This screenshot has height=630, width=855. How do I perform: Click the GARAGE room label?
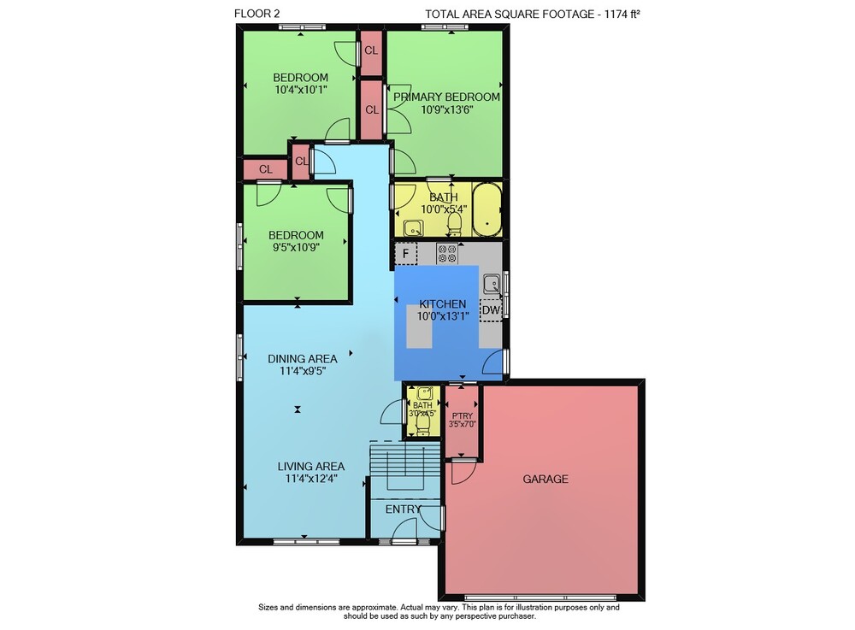click(x=545, y=479)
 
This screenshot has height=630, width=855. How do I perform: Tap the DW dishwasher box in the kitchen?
click(x=491, y=310)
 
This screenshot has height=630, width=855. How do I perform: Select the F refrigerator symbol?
click(x=405, y=253)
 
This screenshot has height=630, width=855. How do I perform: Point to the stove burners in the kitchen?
click(x=447, y=254)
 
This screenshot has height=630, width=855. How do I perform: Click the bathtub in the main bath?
click(x=487, y=209)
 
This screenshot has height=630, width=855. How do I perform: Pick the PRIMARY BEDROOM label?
click(x=446, y=97)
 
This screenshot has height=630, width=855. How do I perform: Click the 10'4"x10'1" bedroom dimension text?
click(x=300, y=90)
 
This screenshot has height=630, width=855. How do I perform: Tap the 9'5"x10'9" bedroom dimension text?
click(x=296, y=247)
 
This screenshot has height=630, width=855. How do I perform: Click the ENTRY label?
click(x=403, y=509)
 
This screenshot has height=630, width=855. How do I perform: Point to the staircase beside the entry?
click(x=404, y=467)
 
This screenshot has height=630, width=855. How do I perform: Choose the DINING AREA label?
click(x=302, y=359)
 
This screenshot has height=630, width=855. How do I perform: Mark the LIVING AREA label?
click(x=311, y=467)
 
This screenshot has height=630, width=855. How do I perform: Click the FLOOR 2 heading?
click(x=256, y=14)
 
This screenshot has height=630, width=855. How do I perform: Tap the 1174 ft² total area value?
click(x=622, y=15)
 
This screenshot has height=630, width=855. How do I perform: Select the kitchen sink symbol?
click(x=492, y=284)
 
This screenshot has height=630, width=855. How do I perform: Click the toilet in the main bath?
click(x=454, y=223)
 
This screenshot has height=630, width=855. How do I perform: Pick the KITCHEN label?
click(x=443, y=304)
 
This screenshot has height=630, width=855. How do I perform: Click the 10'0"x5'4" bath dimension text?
click(x=444, y=209)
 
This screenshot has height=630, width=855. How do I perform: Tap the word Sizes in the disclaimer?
click(x=268, y=607)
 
